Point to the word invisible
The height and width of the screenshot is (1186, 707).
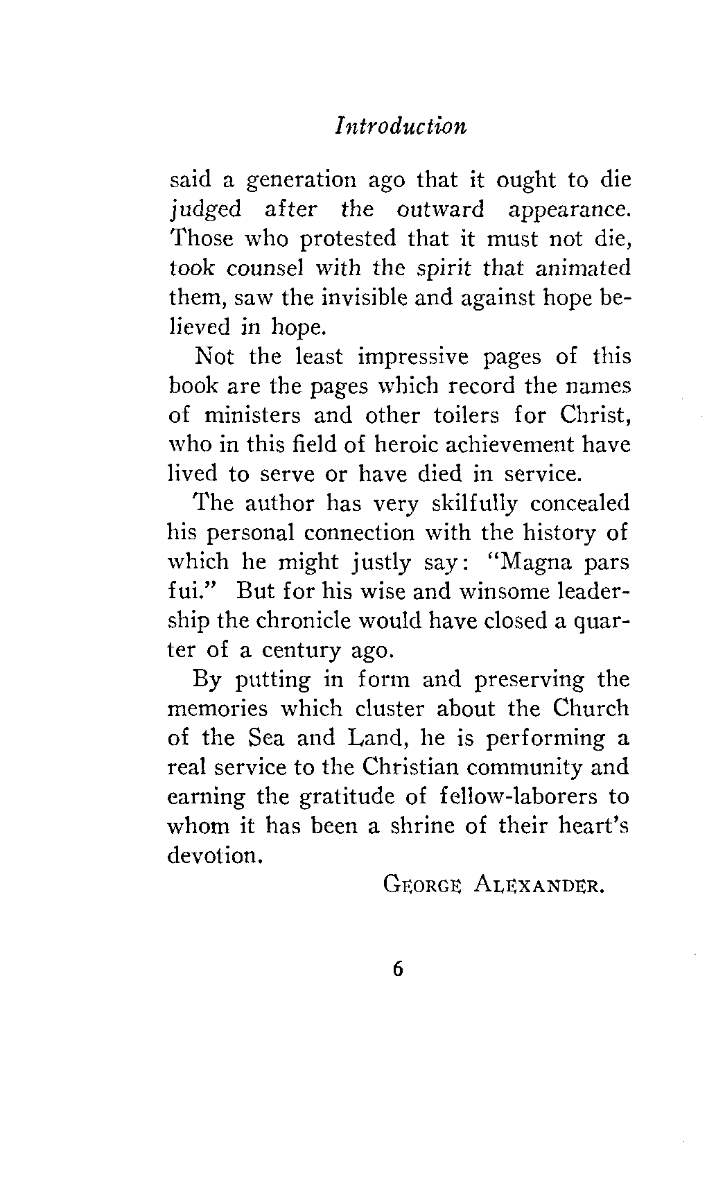point(369,298)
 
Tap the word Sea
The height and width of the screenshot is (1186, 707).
point(263,738)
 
